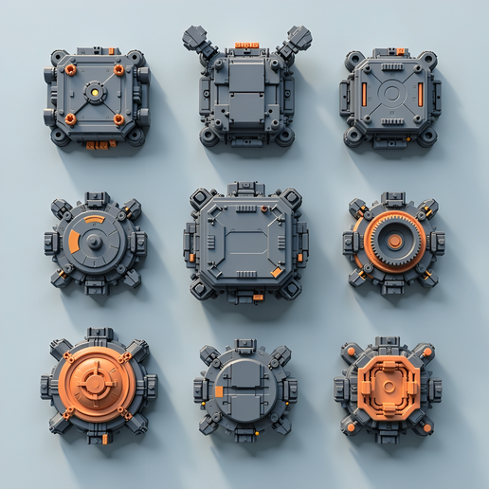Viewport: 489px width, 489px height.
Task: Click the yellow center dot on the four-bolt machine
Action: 94,93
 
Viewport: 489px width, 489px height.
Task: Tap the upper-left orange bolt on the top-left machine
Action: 70,69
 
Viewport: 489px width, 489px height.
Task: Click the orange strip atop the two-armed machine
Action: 245,45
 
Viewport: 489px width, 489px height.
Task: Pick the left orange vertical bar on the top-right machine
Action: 363,94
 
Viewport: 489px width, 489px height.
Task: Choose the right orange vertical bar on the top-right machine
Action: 420,94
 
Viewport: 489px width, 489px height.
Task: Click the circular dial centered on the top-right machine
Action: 391,94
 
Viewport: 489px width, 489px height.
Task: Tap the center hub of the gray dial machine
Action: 93,241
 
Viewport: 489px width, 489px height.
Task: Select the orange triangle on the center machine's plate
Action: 276,272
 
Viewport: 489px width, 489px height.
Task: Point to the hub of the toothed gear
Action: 394,242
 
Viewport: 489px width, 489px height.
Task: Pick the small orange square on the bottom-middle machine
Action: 219,390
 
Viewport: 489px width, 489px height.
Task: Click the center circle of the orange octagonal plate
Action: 389,388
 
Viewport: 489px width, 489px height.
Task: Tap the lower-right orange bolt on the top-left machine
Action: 118,119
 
